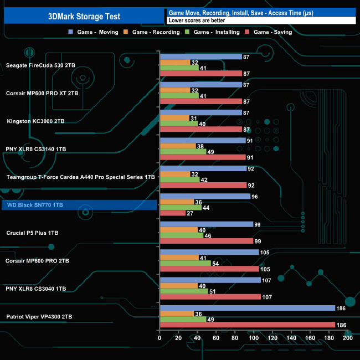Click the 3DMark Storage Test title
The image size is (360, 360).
coord(84,17)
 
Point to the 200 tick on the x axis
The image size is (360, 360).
coord(348,338)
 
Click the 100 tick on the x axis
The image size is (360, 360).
coord(254,338)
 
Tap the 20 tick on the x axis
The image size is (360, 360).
coord(178,338)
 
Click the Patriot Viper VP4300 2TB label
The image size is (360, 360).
coord(39,317)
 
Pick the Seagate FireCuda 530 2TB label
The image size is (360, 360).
coord(41,65)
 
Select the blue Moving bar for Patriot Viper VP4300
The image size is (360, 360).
coord(247,308)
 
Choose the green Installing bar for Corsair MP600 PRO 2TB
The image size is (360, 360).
coord(185,263)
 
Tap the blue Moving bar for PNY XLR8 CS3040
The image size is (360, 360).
coord(210,280)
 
